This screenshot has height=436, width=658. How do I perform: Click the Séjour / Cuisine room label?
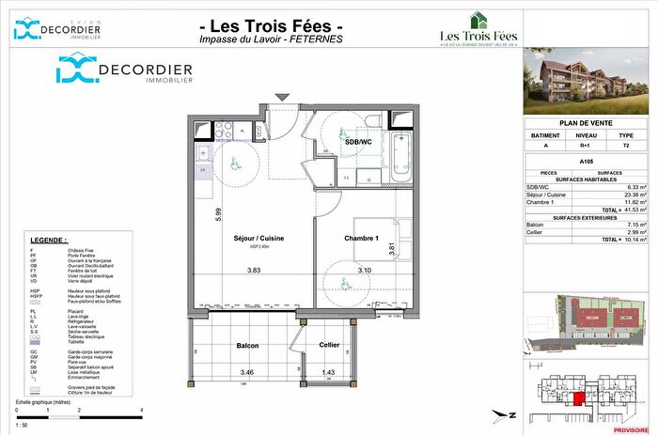point(245,239)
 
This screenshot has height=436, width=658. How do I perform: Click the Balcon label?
point(247,345)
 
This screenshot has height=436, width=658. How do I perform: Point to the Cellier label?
point(329,345)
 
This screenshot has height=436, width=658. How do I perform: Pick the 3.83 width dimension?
point(254,271)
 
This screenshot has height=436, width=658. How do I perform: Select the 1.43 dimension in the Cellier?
point(329,373)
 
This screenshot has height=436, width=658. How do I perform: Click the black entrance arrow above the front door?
point(280,97)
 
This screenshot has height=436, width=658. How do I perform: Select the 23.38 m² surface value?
point(626,195)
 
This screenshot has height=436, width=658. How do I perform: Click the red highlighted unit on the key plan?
point(579,398)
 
